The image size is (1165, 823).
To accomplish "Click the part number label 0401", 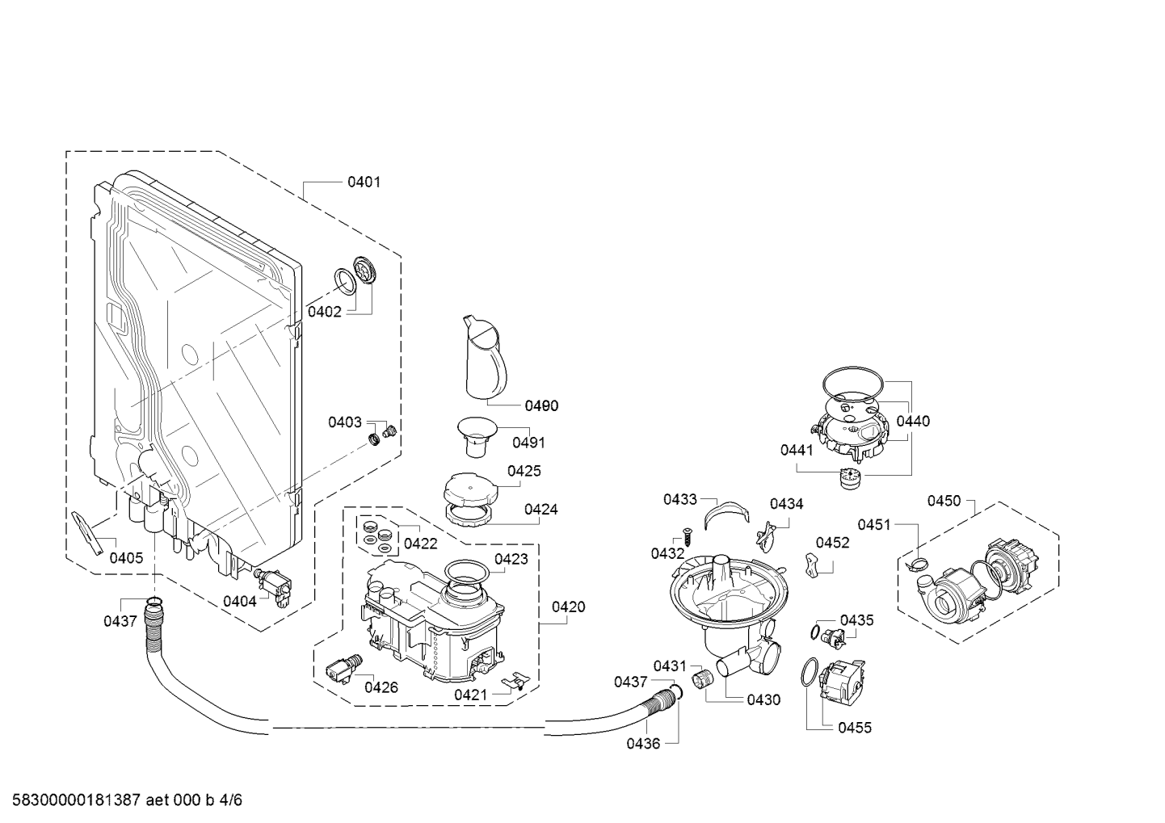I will click(364, 183).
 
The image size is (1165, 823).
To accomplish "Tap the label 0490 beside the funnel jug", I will click(541, 406).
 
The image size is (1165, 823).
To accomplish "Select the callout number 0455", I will click(855, 728).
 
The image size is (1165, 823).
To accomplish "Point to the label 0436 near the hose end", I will click(643, 743).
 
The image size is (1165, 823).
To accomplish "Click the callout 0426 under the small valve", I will click(381, 687).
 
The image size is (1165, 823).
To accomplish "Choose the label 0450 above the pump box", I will click(944, 502).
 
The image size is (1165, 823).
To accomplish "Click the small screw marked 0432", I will click(686, 535).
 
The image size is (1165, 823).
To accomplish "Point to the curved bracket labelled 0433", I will click(725, 514).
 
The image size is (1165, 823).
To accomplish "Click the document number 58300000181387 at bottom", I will click(72, 800).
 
